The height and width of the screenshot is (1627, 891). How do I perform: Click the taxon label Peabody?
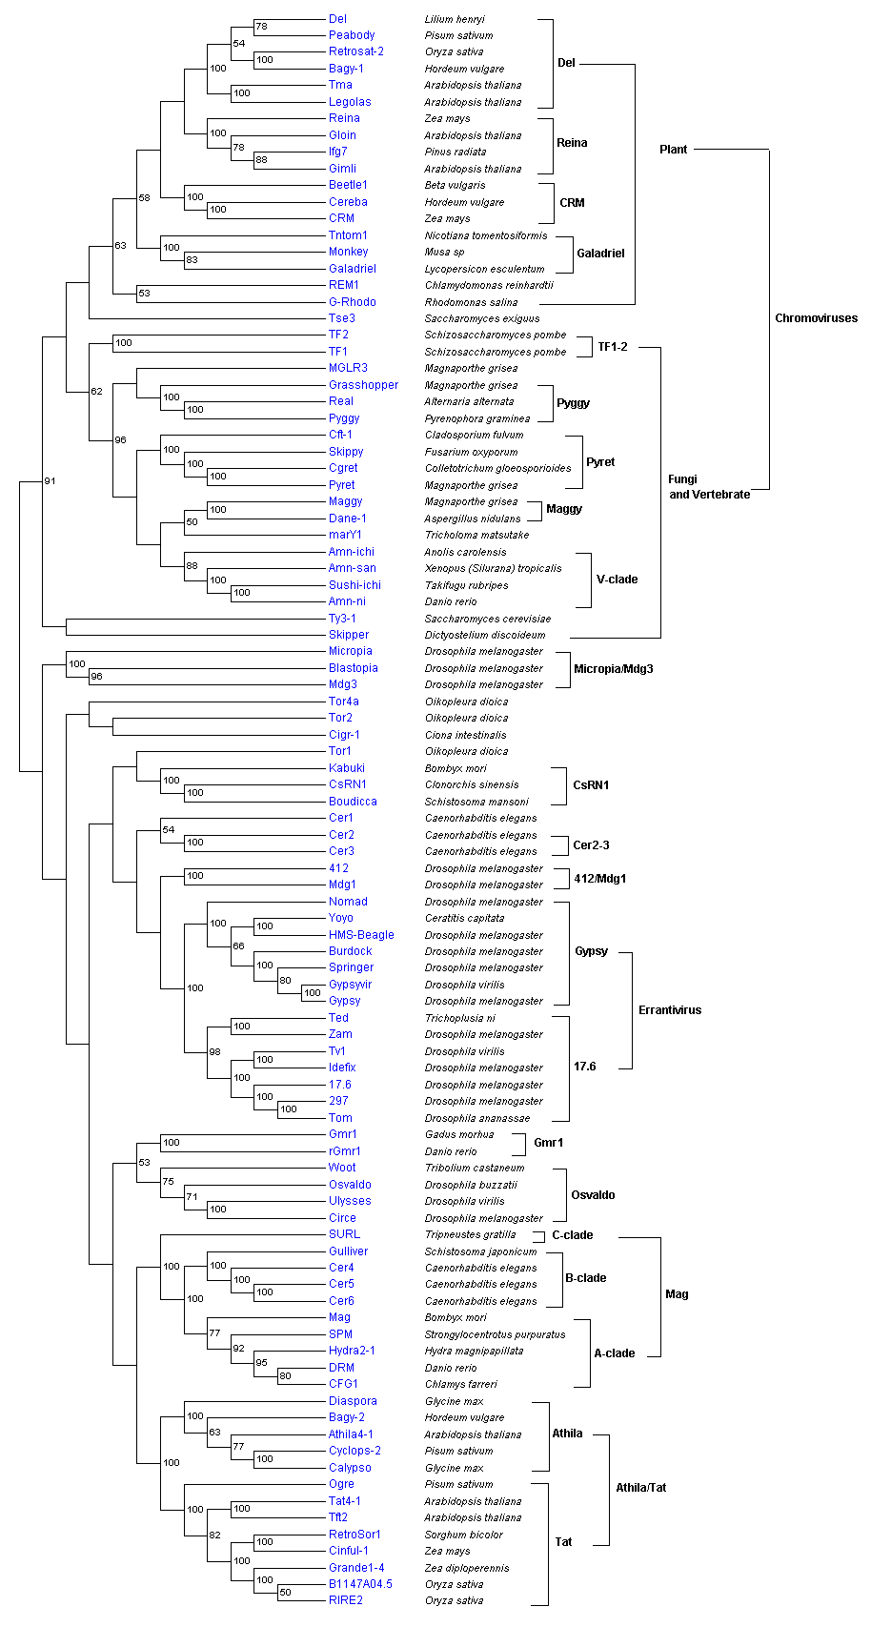click(352, 35)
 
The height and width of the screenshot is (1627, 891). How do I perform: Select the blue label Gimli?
click(342, 169)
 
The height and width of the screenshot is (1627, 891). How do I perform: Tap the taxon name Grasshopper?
click(363, 385)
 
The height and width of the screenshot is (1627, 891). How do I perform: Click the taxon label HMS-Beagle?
click(361, 935)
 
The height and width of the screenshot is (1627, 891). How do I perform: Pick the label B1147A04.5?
click(360, 1584)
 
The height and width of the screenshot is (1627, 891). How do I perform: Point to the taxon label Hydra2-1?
click(352, 1351)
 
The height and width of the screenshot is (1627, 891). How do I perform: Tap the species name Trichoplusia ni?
click(459, 1018)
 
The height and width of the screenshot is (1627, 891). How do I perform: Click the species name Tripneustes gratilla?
click(470, 1234)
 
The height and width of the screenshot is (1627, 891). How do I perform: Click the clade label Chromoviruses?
click(816, 318)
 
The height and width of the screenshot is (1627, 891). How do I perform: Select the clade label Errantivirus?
click(670, 1010)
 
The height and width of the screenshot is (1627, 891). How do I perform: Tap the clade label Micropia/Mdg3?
click(614, 669)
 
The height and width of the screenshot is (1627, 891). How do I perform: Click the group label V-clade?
click(618, 580)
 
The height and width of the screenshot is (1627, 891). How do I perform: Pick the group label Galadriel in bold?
click(600, 254)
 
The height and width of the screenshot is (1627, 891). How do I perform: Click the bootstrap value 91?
click(50, 481)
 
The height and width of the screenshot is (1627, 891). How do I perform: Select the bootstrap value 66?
click(238, 946)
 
